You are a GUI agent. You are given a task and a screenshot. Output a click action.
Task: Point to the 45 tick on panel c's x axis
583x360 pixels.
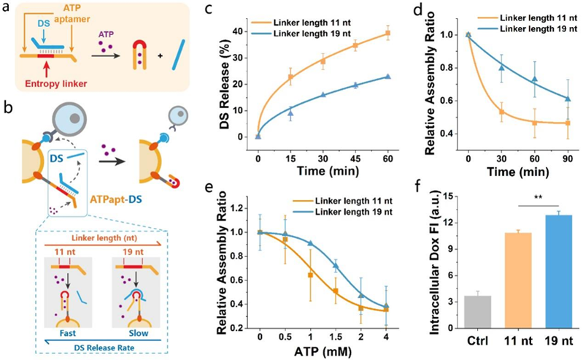pos(356,153)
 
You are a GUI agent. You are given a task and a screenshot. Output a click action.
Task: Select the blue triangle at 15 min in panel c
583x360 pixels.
pos(290,113)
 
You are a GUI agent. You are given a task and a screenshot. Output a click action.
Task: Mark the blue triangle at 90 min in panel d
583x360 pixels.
pos(567,99)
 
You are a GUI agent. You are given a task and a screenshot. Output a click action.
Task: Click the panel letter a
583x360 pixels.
pos(7,9)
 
